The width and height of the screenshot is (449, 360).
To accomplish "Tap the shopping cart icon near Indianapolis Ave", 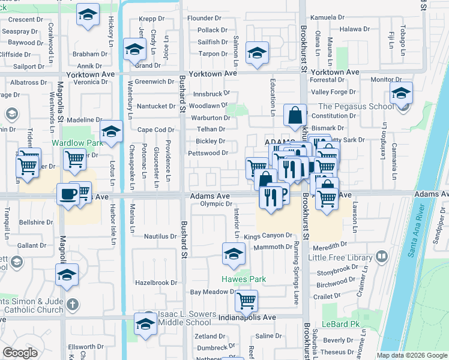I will click(246, 300).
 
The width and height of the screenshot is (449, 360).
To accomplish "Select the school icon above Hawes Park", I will click(234, 253).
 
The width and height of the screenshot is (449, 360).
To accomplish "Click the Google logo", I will click(20, 353).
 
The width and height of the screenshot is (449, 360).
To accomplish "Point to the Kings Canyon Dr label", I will click(268, 236).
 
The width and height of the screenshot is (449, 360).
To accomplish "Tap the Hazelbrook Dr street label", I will click(156, 282).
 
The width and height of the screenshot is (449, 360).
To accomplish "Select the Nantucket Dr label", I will click(155, 106).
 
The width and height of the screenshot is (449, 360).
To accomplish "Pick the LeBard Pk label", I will click(350, 324).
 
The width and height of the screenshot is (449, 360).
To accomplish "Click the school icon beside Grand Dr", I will click(134, 49).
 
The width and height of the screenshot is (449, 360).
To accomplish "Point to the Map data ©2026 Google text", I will click(412, 355).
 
